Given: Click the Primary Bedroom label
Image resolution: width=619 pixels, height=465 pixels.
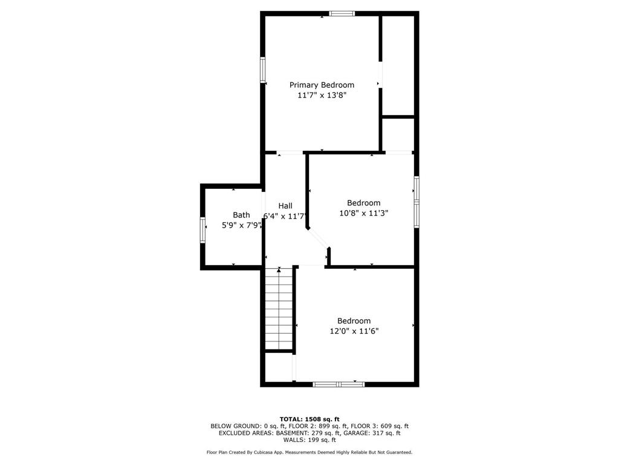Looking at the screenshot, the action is click(x=322, y=85).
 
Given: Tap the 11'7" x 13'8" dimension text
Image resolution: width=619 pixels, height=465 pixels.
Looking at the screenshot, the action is click(x=322, y=95).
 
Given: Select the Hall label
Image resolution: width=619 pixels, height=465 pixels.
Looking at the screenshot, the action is click(x=285, y=206).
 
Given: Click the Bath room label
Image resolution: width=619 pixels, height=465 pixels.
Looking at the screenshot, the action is click(x=241, y=215).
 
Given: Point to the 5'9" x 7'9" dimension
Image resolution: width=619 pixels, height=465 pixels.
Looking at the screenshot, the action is click(x=241, y=225).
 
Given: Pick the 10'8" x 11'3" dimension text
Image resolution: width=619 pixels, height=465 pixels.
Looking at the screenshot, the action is click(x=363, y=213).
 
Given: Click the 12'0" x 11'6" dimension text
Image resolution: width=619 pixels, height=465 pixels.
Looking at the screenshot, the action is click(x=354, y=331).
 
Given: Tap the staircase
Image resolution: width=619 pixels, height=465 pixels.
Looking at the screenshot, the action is click(x=279, y=309).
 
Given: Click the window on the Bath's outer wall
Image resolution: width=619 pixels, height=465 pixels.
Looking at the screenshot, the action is click(x=203, y=229).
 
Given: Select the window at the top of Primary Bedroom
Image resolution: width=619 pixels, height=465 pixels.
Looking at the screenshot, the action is click(x=342, y=13).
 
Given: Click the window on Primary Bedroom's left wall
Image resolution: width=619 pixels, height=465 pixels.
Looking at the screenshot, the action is click(x=262, y=70).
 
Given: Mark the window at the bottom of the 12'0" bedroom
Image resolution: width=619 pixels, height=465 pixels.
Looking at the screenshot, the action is click(x=339, y=384).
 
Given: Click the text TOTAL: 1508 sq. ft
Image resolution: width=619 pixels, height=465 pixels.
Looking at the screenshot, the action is click(x=309, y=419).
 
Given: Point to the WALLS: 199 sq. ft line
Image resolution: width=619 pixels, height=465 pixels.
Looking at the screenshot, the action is click(x=309, y=440).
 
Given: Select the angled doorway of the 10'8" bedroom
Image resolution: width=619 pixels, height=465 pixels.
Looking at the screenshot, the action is click(x=318, y=238).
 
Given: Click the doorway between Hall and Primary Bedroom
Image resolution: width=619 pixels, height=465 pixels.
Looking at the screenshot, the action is click(x=290, y=152).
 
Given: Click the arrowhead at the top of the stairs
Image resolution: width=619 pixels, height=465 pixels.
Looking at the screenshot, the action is click(x=279, y=269).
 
